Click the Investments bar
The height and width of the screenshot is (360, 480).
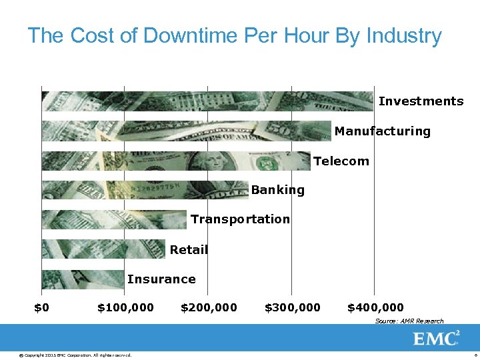tap(207, 101)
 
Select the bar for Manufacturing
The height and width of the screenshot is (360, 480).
tap(186, 131)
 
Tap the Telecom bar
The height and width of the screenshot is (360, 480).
tap(176, 161)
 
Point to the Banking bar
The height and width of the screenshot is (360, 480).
tap(145, 190)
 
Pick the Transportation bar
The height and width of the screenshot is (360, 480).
tap(114, 219)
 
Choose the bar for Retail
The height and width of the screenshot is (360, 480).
tap(103, 249)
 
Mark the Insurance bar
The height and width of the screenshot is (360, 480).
tap(83, 279)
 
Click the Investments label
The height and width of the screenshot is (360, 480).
tap(421, 101)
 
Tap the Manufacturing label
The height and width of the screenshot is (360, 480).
tap(382, 131)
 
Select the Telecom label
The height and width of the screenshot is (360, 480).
tap(341, 161)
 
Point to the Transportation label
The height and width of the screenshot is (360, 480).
tap(240, 219)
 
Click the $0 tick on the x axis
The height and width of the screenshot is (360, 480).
tap(41, 307)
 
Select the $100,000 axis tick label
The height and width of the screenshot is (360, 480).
tap(125, 307)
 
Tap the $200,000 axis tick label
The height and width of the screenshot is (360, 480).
tap(209, 307)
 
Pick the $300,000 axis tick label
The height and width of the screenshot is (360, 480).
tap(292, 307)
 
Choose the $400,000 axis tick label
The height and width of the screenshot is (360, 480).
tap(375, 307)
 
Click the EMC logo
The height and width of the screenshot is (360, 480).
tap(436, 338)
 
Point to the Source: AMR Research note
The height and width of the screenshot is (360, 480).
tap(409, 321)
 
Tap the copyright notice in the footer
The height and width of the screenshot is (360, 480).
tap(75, 355)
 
